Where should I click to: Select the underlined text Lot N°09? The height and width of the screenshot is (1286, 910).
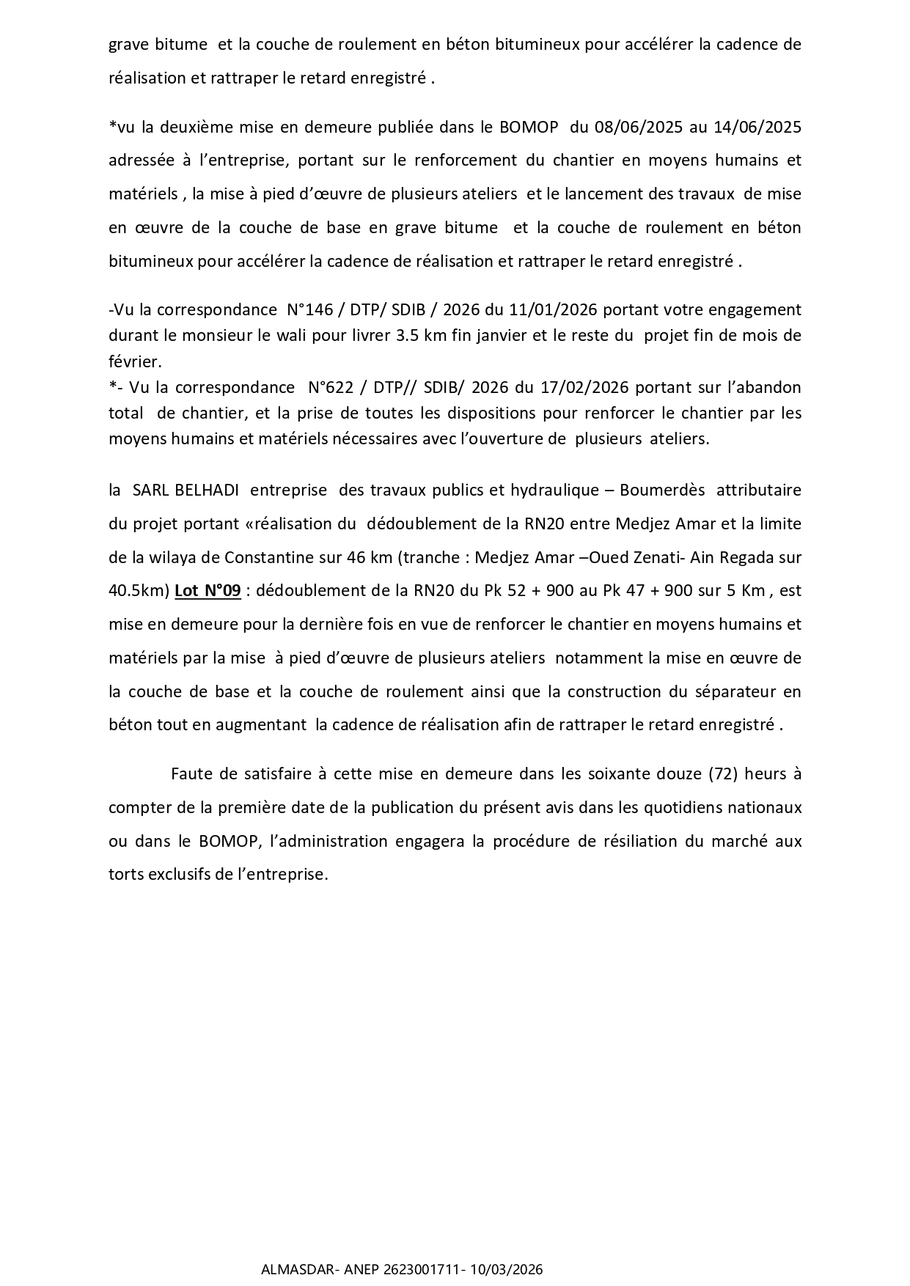(208, 590)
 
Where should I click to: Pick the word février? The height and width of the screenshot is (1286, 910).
(134, 361)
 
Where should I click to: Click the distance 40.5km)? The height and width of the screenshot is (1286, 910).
(139, 590)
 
